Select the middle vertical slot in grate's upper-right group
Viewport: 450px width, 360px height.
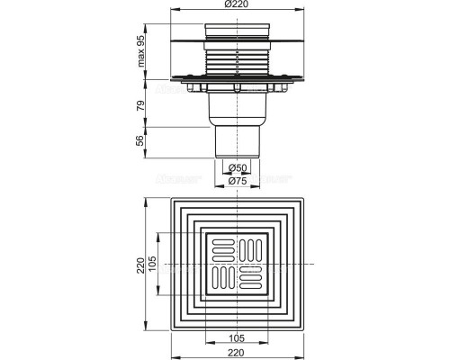[x=250, y=248]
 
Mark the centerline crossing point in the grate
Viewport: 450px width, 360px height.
[x=237, y=263]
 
